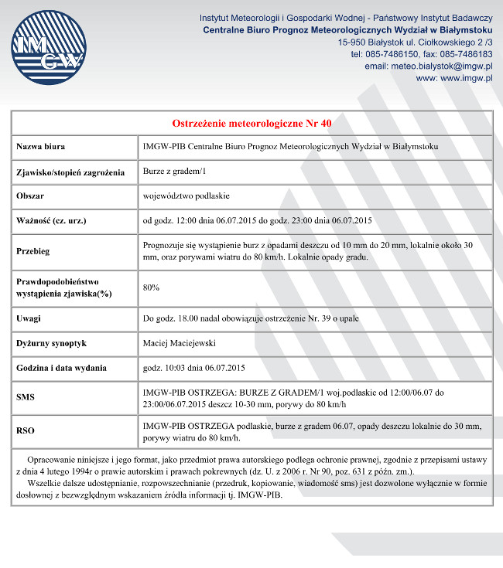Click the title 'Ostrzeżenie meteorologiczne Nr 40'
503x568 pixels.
[x=251, y=124]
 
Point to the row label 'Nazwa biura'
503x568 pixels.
[x=40, y=147]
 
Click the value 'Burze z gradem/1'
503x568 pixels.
[x=176, y=172]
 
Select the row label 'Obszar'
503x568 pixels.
[x=31, y=196]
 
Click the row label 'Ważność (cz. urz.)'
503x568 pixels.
[x=51, y=220]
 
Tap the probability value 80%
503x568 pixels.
[x=152, y=287]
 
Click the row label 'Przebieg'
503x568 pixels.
[x=33, y=251]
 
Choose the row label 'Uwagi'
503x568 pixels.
[x=29, y=318]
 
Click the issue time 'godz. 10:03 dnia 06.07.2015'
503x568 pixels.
[x=194, y=367]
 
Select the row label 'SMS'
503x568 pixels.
[x=26, y=397]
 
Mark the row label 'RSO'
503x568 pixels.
[x=26, y=431]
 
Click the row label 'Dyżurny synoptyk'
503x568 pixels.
[x=51, y=342]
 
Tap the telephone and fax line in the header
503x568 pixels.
[x=421, y=54]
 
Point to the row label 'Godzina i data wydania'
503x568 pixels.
[x=62, y=367]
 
